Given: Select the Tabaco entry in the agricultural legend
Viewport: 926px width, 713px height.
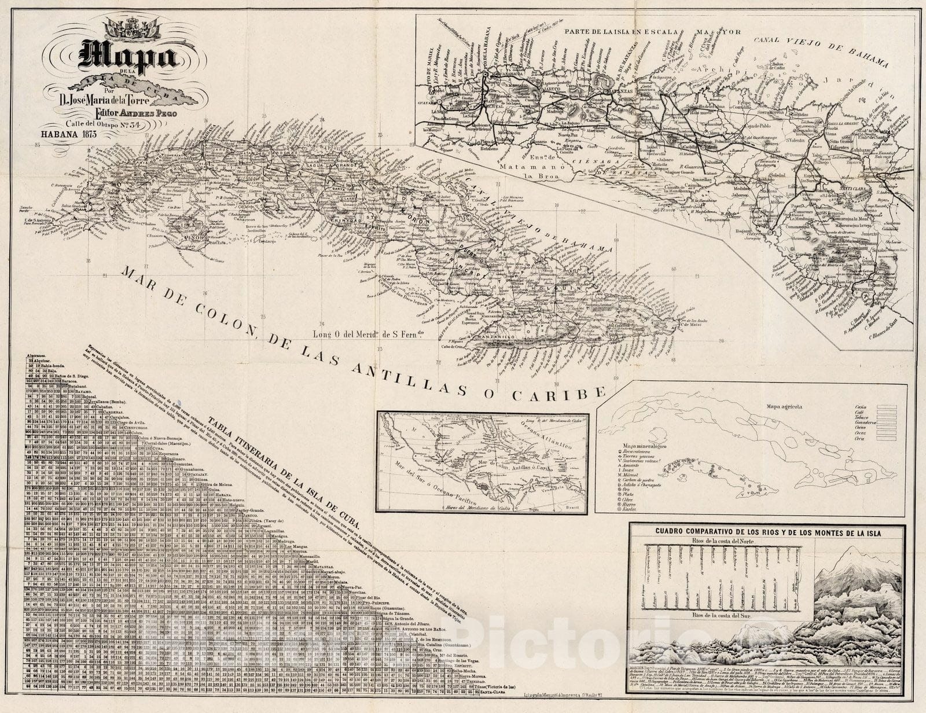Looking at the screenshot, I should pyautogui.click(x=861, y=423).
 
